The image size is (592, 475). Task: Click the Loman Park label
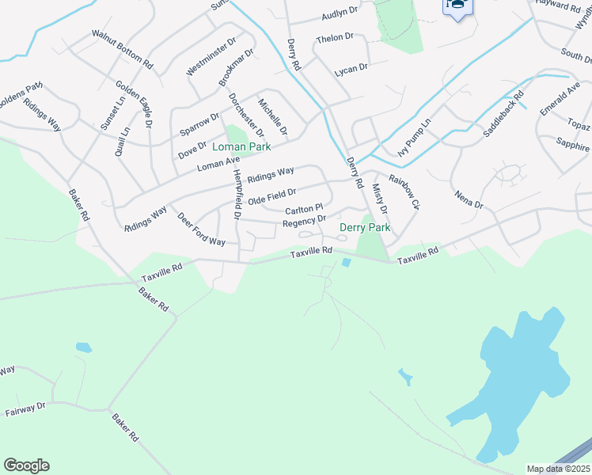(x=241, y=146)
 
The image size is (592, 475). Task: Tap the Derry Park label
(x=365, y=227)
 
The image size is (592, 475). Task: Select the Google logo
(x=26, y=465)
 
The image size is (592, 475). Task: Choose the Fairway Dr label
(x=25, y=410)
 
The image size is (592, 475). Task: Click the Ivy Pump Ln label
(x=415, y=137)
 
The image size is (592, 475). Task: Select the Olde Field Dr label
(x=271, y=196)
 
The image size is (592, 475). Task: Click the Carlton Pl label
(x=304, y=209)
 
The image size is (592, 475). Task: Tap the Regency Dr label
(x=304, y=222)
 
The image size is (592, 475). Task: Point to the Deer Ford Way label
(x=200, y=230)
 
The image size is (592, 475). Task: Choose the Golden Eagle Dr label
(x=134, y=104)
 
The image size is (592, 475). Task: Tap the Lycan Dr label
(x=351, y=68)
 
